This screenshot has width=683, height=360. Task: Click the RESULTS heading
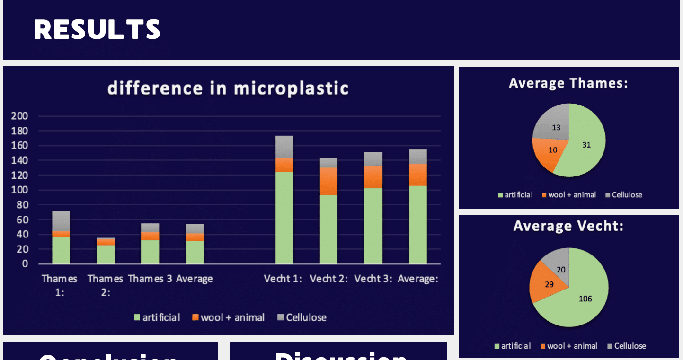point(97,29)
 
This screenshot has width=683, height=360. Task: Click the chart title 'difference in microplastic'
point(228,88)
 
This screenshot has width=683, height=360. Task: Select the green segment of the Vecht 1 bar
point(284,218)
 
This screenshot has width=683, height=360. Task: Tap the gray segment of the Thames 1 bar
point(61,221)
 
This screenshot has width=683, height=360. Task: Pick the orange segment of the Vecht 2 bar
point(328,181)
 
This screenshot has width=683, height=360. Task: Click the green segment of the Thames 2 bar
point(106,254)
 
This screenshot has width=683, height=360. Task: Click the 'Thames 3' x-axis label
point(150,279)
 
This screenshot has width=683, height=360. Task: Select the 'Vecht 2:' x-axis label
point(329,279)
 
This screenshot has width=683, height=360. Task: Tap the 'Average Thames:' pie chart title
point(568,84)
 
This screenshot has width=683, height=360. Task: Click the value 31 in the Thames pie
point(586,145)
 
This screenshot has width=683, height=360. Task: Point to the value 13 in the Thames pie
point(556,128)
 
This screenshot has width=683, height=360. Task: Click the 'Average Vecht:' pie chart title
point(568,226)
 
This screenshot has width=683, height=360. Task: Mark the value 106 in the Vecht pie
point(585,299)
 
